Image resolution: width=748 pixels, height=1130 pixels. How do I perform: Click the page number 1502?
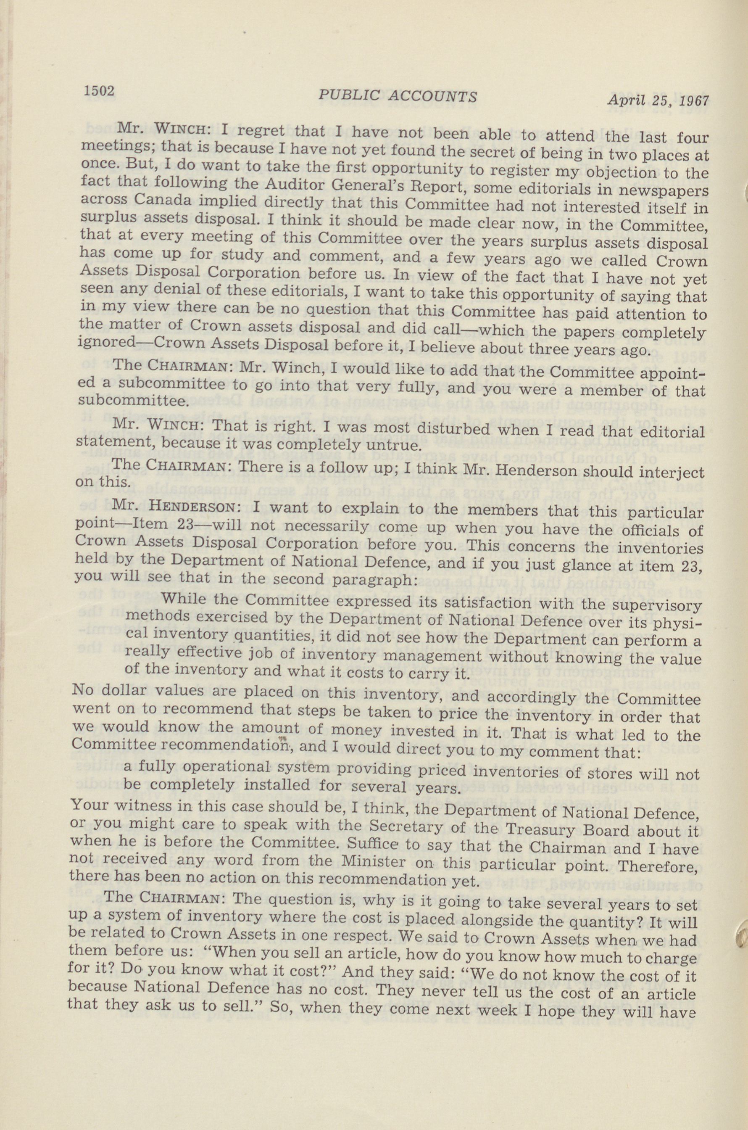click(99, 91)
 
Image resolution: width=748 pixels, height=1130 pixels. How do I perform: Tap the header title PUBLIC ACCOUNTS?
click(398, 96)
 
